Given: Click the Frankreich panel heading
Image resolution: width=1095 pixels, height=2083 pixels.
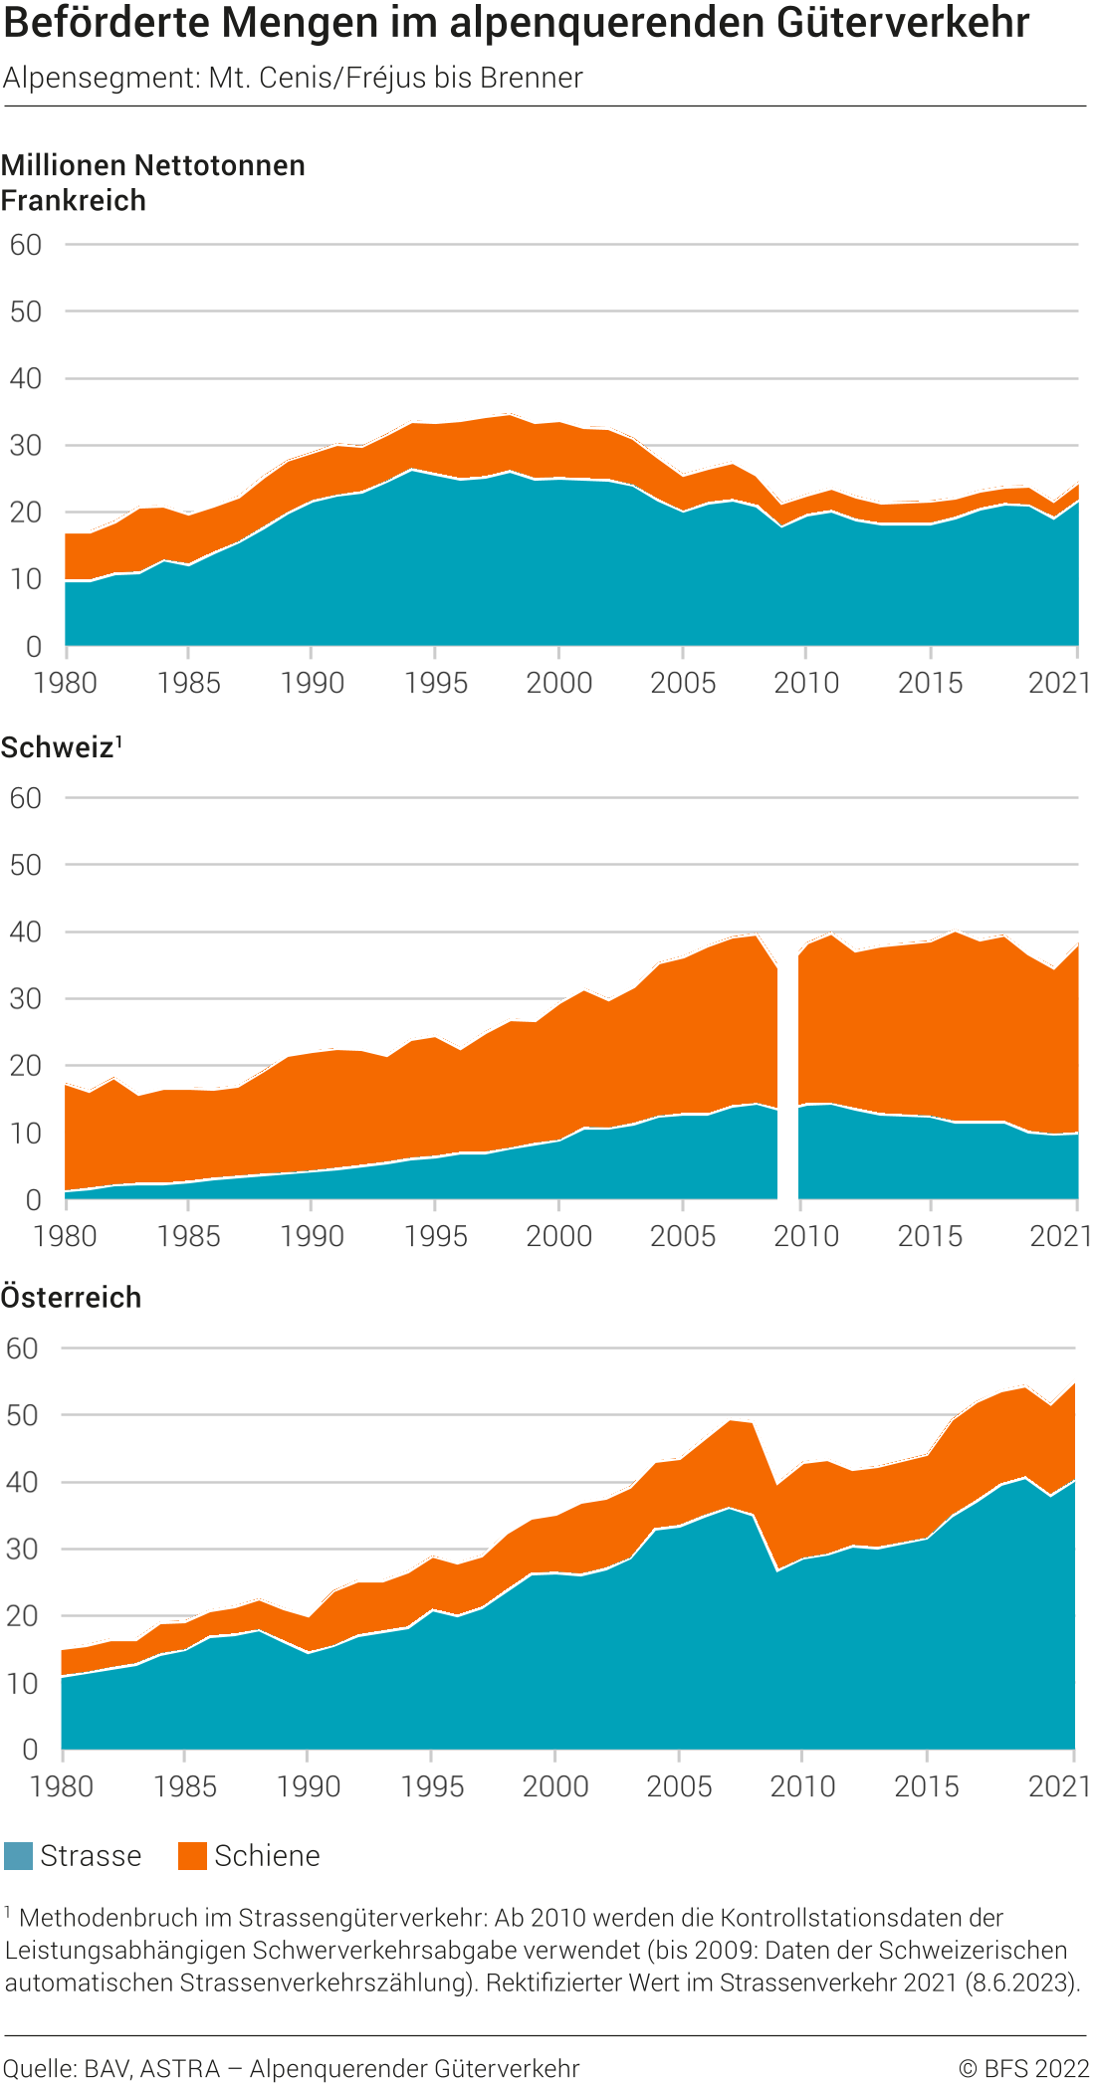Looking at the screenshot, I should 74,200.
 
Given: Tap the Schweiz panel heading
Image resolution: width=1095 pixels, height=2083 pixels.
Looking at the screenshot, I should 58,747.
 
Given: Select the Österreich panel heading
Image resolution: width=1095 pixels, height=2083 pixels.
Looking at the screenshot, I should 72,1297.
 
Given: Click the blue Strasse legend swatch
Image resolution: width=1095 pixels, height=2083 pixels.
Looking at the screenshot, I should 18,1855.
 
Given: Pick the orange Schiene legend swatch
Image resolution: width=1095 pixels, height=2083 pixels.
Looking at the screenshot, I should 192,1855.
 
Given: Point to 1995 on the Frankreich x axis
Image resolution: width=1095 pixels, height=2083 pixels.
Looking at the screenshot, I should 435,683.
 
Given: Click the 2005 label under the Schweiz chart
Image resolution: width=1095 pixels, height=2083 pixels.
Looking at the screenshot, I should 683,1236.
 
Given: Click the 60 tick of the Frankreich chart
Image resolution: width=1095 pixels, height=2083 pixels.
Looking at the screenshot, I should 26,245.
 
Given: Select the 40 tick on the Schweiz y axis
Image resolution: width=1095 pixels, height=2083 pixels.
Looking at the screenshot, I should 26,933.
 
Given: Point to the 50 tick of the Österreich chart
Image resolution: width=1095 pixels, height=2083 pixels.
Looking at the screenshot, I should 22,1415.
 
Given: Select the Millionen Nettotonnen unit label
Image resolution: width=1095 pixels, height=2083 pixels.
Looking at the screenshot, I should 153,165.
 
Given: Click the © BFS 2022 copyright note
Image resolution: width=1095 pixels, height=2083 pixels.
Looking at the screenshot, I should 1023,2068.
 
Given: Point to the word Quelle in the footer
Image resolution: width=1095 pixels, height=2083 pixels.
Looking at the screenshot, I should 40,2068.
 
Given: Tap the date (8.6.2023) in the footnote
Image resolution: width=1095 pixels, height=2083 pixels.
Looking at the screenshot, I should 1022,1981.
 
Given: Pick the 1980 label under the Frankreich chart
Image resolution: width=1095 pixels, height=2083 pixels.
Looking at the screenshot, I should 66,683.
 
